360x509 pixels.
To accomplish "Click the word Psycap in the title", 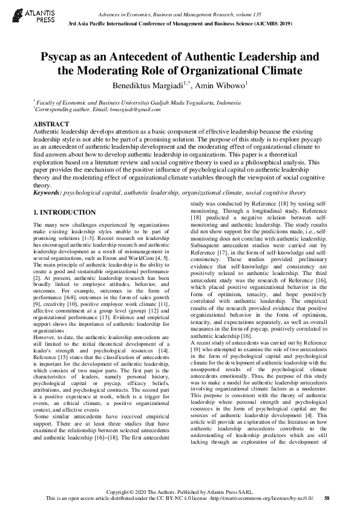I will (x=61, y=58).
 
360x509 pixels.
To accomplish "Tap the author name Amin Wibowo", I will (x=220, y=86).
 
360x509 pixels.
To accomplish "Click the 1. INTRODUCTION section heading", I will (x=64, y=212).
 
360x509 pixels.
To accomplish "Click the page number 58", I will (x=327, y=498).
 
